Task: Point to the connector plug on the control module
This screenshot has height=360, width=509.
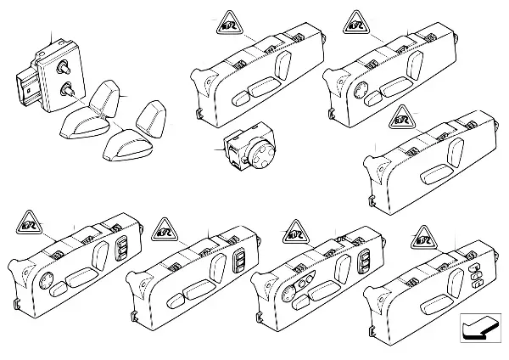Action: click(25, 87)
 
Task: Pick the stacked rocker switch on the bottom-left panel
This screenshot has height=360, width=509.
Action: click(120, 252)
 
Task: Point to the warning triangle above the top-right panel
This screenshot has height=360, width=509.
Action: click(356, 23)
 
